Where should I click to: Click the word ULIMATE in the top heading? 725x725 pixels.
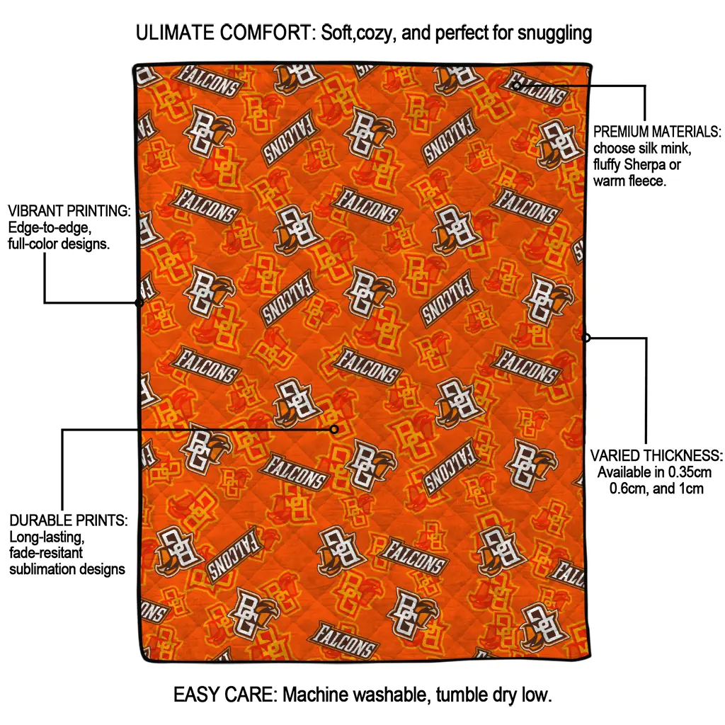tap(175, 33)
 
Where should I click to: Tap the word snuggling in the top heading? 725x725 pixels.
tap(554, 34)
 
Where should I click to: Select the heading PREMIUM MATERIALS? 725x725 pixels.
tap(656, 132)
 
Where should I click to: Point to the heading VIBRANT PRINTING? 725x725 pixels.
tap(69, 211)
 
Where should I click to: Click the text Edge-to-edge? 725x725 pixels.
tap(50, 227)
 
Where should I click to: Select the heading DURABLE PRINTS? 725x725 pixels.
tap(69, 520)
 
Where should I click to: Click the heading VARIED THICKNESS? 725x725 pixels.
tap(656, 455)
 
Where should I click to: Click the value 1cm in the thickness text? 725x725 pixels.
tap(691, 489)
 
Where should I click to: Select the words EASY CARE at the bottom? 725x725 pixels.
tap(224, 695)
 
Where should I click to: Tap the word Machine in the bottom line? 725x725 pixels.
tap(316, 695)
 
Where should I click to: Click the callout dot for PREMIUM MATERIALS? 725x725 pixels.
tap(516, 86)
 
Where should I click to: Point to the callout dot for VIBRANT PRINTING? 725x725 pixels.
tap(139, 303)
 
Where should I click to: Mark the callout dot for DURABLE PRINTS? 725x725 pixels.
tap(334, 430)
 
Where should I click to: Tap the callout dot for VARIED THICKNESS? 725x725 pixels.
tap(586, 338)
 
